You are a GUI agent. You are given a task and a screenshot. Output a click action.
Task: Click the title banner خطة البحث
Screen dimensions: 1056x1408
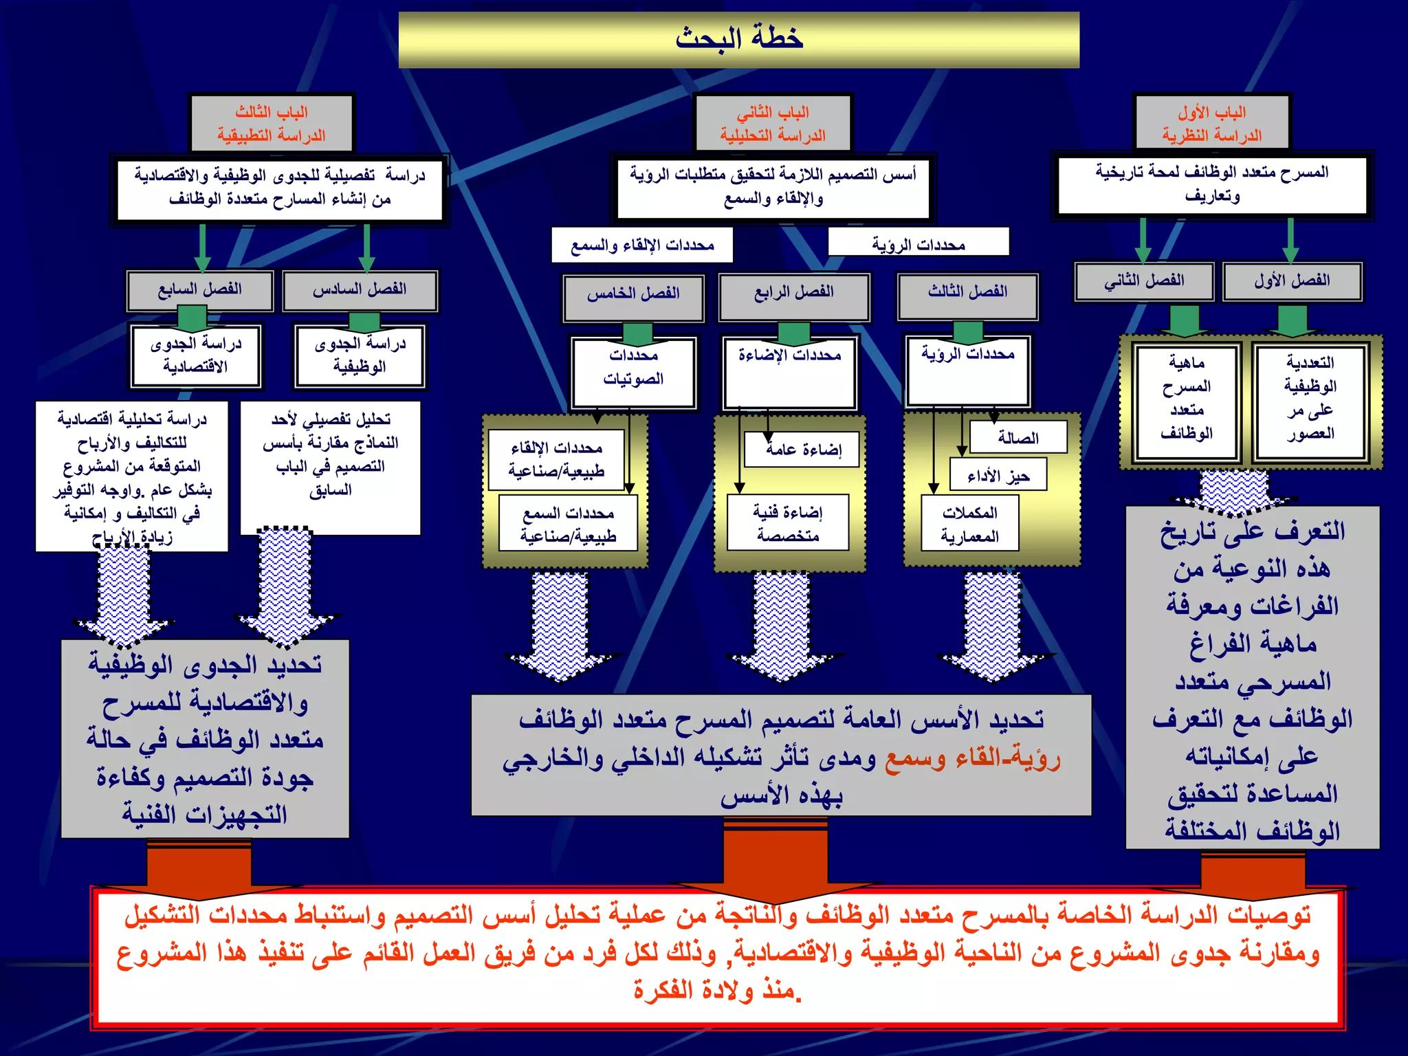(x=738, y=39)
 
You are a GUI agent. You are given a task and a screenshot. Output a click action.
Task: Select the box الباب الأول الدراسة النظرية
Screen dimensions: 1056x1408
(x=1212, y=123)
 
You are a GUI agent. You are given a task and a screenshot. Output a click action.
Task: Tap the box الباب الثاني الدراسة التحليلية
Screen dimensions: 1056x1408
(x=773, y=123)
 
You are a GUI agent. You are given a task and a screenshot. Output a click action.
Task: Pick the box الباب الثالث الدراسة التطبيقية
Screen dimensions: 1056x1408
(x=272, y=123)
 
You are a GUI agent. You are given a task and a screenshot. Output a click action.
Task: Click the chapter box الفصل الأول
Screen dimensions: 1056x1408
(x=1292, y=280)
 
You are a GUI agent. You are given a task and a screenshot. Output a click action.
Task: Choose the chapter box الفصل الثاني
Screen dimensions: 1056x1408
(x=1144, y=280)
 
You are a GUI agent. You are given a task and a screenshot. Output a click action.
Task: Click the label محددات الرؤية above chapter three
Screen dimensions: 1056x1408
(x=918, y=243)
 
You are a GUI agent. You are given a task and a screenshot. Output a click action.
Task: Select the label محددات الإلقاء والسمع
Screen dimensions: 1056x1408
(x=642, y=245)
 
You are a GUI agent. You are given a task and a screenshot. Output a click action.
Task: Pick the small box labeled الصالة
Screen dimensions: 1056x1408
(x=1018, y=437)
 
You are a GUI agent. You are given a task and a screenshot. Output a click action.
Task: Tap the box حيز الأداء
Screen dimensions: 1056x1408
(x=998, y=475)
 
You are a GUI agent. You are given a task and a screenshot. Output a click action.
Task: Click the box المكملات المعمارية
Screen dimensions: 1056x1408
(x=969, y=524)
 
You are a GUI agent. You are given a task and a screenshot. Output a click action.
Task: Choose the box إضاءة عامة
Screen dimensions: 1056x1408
(x=802, y=450)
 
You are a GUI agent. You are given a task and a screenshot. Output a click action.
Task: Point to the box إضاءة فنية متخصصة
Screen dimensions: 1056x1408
(x=788, y=522)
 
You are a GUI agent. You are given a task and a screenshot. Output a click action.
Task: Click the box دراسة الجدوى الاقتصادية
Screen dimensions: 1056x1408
(x=196, y=355)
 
